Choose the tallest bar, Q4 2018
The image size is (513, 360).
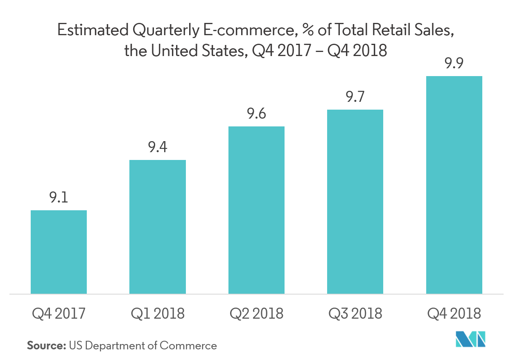[x=454, y=184]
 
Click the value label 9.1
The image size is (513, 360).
[x=59, y=198]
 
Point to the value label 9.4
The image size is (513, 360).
[x=158, y=147]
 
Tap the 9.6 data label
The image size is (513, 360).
[x=256, y=114]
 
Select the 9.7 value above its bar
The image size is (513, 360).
[x=355, y=97]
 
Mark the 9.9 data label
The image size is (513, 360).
[x=454, y=64]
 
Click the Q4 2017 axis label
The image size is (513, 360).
[x=59, y=314]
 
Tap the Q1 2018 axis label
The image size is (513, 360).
[x=158, y=314]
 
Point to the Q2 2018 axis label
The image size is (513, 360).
[x=256, y=314]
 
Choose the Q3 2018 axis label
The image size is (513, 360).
[x=355, y=314]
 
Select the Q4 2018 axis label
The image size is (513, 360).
[x=454, y=314]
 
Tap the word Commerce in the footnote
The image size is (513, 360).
[x=188, y=346]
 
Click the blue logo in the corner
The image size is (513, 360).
[x=470, y=339]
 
